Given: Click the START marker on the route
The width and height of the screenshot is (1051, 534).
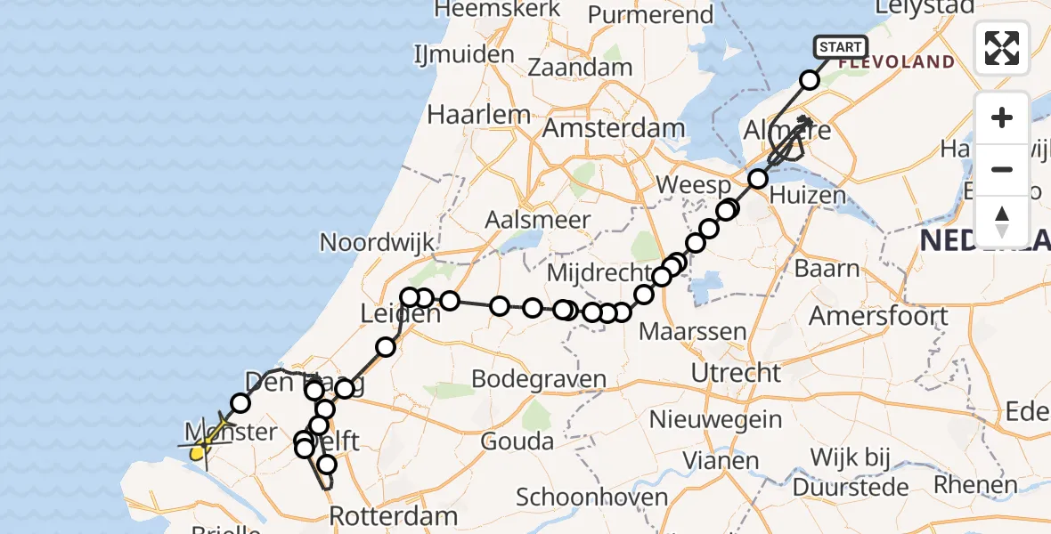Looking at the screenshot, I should (839, 47).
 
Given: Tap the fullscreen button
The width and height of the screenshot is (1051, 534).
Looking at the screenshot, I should (1002, 48).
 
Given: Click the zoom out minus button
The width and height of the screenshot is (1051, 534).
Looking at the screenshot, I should (1002, 169).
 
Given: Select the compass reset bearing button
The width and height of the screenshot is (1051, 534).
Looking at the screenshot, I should (1002, 221).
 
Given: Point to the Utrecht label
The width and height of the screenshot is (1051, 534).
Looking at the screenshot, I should (736, 372).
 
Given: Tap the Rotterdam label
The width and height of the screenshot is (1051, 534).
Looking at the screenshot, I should (393, 516).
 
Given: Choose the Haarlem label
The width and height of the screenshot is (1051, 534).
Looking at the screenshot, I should (478, 115).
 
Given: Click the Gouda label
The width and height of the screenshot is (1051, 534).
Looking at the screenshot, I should (517, 441).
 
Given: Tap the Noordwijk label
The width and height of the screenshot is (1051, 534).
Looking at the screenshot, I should (377, 242).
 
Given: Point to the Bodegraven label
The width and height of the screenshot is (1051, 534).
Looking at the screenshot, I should (539, 379).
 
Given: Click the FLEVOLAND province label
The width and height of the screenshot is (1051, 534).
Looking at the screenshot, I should (896, 63).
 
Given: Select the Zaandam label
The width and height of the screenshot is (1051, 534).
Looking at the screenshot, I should (580, 68).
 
